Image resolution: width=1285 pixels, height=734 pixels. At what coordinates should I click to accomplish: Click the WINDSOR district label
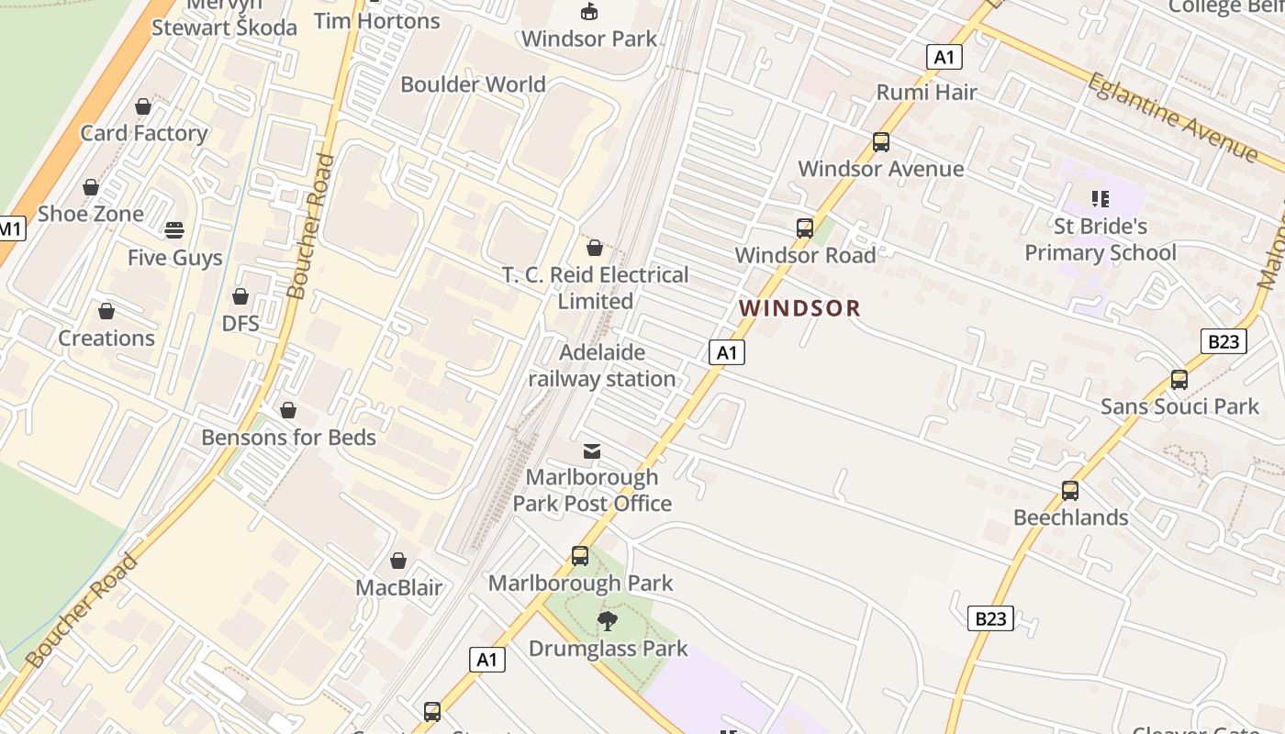799,308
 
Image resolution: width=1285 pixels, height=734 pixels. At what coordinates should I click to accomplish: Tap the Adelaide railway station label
602,365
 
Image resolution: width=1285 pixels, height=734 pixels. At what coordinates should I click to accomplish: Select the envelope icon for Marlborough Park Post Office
592,450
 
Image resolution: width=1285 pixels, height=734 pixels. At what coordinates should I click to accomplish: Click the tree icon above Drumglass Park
607,621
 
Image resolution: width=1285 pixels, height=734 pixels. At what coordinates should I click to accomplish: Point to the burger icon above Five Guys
174,229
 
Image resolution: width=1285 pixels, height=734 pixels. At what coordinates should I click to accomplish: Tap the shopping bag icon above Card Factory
143,106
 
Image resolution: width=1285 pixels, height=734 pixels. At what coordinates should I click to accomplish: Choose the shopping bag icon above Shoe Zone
91,187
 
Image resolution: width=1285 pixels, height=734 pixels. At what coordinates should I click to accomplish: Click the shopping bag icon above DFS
240,296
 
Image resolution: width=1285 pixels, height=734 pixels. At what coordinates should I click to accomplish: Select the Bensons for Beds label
288,437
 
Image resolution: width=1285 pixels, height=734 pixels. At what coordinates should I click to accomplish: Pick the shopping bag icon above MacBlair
398,560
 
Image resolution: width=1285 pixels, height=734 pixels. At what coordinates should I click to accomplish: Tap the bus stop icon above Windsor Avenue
881,142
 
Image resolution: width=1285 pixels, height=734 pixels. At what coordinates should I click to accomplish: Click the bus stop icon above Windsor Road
805,228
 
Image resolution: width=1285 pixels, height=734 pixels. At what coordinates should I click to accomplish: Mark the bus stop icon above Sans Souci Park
1179,379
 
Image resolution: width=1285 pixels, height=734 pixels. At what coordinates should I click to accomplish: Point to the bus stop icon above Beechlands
1070,491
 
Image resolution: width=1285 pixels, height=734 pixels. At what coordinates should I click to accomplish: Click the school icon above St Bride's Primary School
1101,198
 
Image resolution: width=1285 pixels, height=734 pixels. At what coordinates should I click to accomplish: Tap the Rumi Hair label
926,92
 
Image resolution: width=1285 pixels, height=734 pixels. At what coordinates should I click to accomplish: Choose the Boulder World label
473,84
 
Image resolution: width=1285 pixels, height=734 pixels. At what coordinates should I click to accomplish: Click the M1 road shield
10,228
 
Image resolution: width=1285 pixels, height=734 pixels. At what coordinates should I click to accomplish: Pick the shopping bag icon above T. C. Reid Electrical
595,248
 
